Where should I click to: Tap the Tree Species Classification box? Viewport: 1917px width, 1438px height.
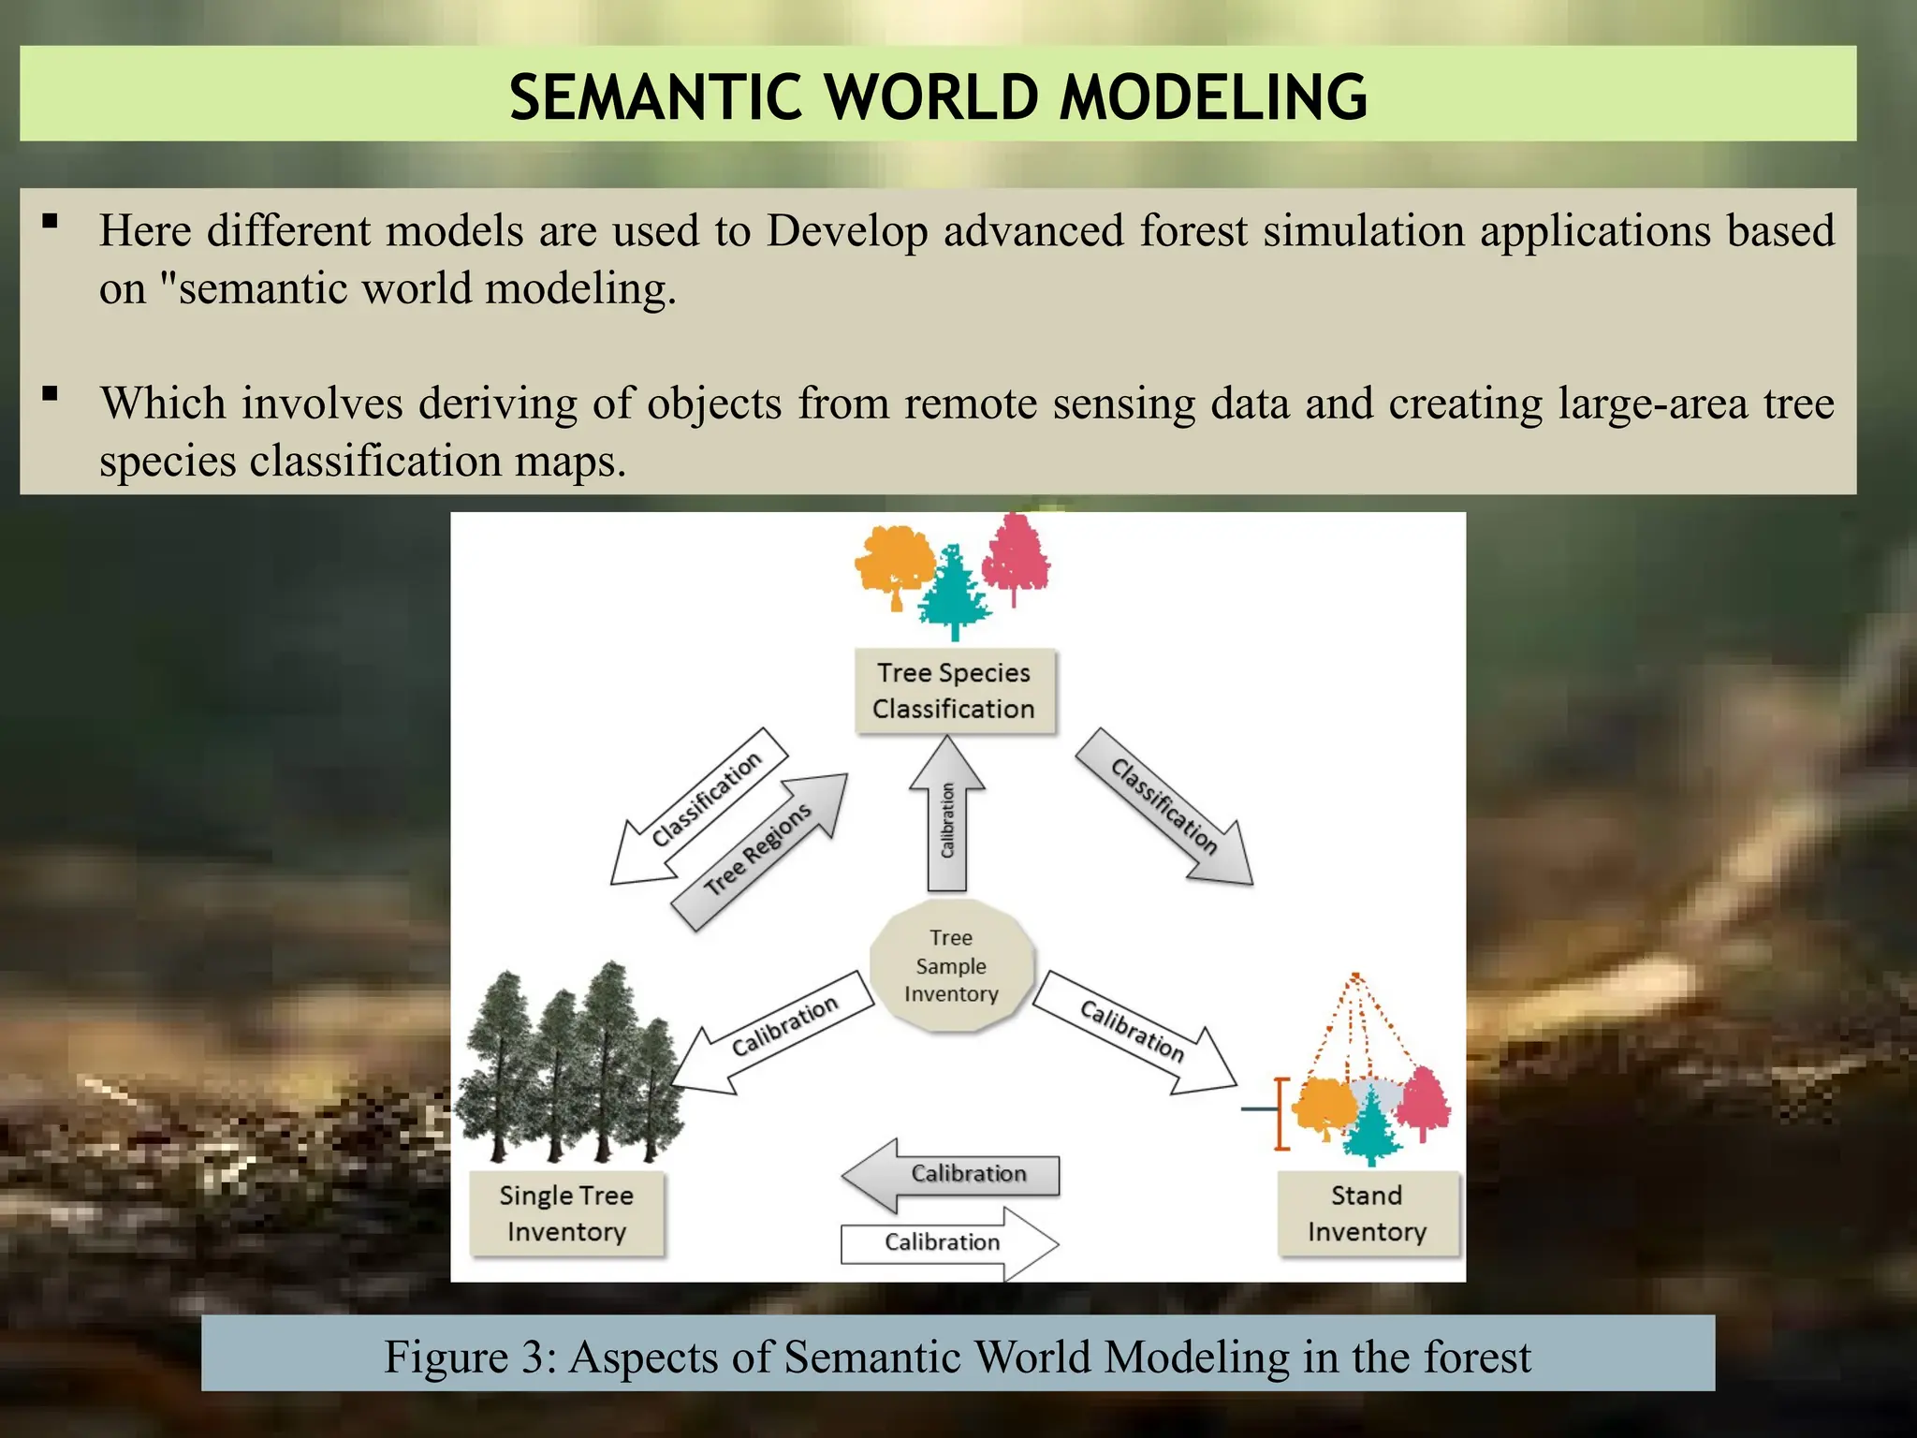954,691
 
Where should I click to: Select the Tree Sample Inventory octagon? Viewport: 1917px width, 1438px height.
952,966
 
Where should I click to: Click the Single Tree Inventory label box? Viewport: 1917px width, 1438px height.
566,1213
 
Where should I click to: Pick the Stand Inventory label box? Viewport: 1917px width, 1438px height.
1367,1213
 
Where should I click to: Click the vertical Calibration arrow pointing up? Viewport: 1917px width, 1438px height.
947,814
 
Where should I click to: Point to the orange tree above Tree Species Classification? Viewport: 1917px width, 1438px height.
894,562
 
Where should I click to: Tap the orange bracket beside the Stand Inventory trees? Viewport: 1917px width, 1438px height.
1281,1113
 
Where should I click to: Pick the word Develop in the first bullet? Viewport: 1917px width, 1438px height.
846,231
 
